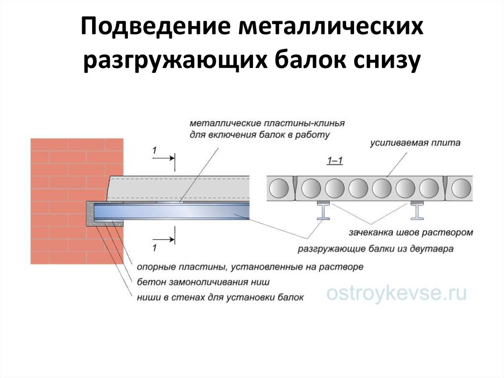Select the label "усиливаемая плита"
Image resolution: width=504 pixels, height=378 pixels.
[x=415, y=143]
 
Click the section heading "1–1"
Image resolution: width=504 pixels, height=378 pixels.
[x=335, y=160]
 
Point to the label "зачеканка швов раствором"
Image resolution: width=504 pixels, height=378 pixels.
[x=411, y=232]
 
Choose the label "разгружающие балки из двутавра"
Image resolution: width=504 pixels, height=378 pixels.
[x=376, y=248]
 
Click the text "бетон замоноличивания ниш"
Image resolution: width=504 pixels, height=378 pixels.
[x=203, y=282]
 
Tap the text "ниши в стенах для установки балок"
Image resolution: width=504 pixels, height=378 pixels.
[x=220, y=297]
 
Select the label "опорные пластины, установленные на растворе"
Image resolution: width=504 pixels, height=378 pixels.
[x=250, y=267]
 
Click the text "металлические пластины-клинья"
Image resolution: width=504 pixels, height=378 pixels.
[x=267, y=123]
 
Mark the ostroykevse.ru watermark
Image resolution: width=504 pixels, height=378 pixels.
[x=396, y=293]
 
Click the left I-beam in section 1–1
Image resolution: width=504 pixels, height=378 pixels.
[x=323, y=210]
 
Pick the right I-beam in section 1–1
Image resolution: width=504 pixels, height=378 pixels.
[x=417, y=210]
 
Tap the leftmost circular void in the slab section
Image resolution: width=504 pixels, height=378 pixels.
[x=279, y=188]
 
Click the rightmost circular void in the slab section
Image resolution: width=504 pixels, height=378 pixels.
[x=462, y=188]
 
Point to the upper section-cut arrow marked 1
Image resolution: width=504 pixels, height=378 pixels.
[x=163, y=158]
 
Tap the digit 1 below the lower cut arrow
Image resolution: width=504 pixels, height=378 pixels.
[x=155, y=247]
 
